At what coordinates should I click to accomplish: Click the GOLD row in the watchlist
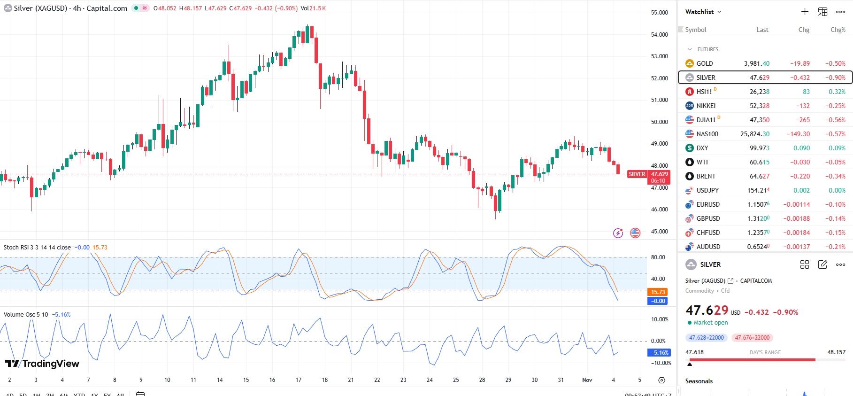pos(704,63)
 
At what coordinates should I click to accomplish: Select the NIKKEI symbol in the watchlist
pos(706,106)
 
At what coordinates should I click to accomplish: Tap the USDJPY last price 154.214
pos(758,190)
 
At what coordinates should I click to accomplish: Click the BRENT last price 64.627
pos(760,176)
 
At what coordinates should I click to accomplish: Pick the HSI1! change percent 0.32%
pos(837,92)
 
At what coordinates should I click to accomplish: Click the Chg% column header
pos(838,30)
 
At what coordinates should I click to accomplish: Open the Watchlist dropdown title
pos(703,12)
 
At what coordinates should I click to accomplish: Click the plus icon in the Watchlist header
pos(805,12)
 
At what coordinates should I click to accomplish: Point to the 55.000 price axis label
pos(659,13)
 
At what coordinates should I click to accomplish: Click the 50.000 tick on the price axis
pos(659,122)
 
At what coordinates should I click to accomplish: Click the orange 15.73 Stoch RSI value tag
pos(658,292)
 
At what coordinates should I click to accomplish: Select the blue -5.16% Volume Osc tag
pos(659,353)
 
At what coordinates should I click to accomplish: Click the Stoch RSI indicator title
pos(37,248)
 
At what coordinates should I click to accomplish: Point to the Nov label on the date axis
pos(587,380)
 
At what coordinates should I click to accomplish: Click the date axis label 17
pos(299,380)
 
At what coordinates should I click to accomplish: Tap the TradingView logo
pos(42,364)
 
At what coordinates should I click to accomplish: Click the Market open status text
pos(710,323)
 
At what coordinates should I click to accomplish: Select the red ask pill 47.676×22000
pos(752,338)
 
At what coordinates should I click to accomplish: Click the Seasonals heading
pos(699,381)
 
